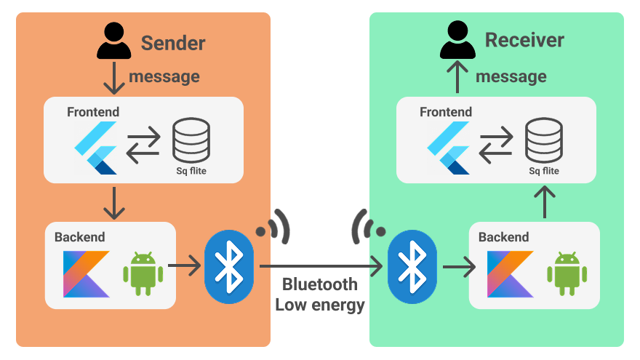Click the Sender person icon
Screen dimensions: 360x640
coord(114,41)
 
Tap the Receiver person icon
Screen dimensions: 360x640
coord(457,41)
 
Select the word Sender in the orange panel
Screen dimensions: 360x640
coord(173,43)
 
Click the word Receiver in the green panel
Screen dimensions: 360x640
coord(524,40)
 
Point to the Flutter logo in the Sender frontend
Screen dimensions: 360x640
coord(96,148)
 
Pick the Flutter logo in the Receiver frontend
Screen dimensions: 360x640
coord(449,148)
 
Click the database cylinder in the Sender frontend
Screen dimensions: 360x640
coord(191,140)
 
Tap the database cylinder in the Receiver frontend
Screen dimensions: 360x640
coord(543,140)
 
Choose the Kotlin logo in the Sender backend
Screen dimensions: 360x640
coord(85,273)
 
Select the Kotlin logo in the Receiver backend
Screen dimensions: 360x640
coord(510,273)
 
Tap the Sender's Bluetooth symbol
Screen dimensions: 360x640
coord(230,266)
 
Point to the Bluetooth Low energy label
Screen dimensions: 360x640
coord(320,295)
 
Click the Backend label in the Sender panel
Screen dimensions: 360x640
coord(79,237)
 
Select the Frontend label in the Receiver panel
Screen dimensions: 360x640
coord(446,112)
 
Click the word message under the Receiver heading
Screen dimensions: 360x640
coord(511,76)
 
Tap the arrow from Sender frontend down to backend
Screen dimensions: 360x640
coord(114,203)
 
